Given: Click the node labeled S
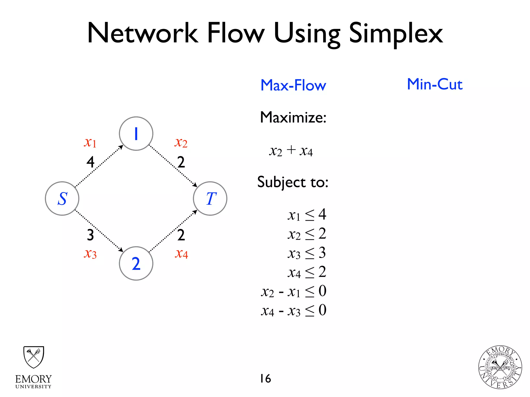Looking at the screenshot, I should [62, 198].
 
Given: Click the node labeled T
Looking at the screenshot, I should [210, 198].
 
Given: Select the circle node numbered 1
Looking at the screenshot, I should [136, 134].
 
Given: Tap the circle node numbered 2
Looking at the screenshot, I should [136, 263].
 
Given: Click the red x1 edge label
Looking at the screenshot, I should [90, 142].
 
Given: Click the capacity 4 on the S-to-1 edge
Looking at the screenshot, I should [90, 162].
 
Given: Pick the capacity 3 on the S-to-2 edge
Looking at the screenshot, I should [90, 235].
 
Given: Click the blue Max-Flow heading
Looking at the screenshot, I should [293, 85].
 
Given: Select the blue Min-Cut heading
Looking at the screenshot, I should [435, 84].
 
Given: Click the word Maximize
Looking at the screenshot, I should [293, 118].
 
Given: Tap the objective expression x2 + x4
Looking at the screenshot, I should [291, 151].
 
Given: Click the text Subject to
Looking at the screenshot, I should [293, 182].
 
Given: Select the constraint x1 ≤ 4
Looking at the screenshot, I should [307, 215].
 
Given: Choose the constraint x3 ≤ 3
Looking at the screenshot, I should [307, 253].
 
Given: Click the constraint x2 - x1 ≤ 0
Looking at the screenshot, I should [294, 292].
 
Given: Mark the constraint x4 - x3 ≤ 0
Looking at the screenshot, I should [294, 310].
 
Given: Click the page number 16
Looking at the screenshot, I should [266, 379].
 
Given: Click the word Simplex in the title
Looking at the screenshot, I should [396, 34].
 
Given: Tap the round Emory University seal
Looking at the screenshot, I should [500, 367].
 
